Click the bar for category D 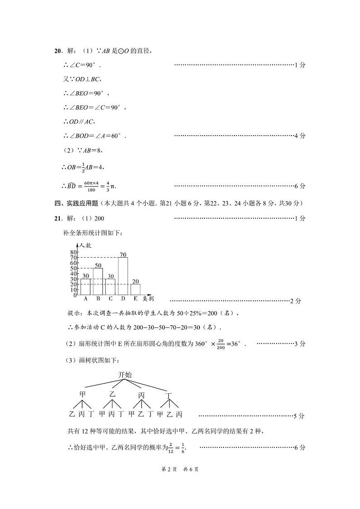click(x=123, y=276)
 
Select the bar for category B click(x=98, y=281)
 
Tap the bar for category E click(x=135, y=289)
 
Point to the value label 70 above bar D click(x=122, y=254)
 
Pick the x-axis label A click(x=86, y=299)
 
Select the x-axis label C click(x=111, y=299)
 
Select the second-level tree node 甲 click(x=83, y=394)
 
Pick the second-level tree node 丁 click(x=169, y=396)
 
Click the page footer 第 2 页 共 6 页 click(x=180, y=469)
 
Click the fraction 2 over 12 click(x=171, y=448)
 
